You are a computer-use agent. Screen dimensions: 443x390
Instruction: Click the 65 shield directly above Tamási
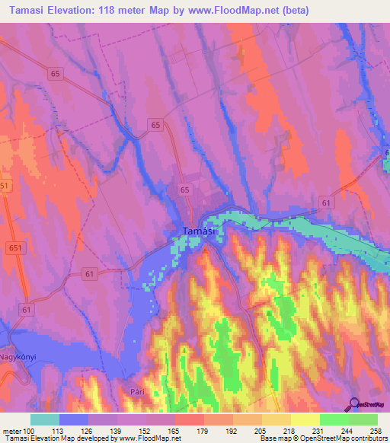click(185, 189)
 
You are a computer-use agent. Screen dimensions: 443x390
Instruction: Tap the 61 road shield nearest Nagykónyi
click(27, 310)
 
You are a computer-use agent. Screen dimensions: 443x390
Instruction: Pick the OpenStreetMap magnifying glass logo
click(353, 404)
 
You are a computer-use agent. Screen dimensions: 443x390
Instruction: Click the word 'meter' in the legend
click(12, 430)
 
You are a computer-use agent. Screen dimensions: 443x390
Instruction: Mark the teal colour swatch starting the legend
click(45, 419)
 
